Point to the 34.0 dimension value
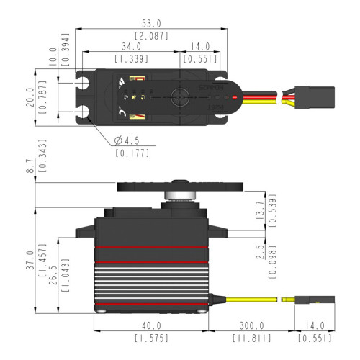pos(132,47)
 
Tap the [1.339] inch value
pos(132,58)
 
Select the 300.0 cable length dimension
pos(251,326)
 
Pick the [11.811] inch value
pos(251,337)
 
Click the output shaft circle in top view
pos(180,95)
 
